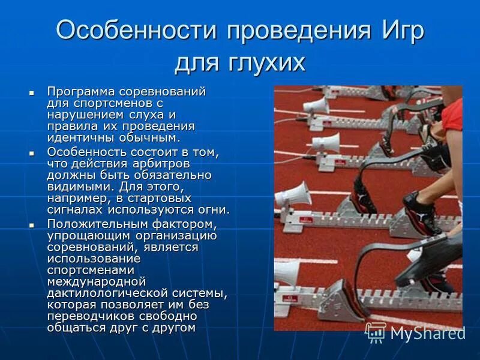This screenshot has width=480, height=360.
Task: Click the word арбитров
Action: (169, 164)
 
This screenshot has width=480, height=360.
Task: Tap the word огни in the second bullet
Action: (214, 209)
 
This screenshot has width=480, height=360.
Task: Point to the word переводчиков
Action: (90, 316)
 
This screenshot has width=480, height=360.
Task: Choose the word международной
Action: (97, 281)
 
